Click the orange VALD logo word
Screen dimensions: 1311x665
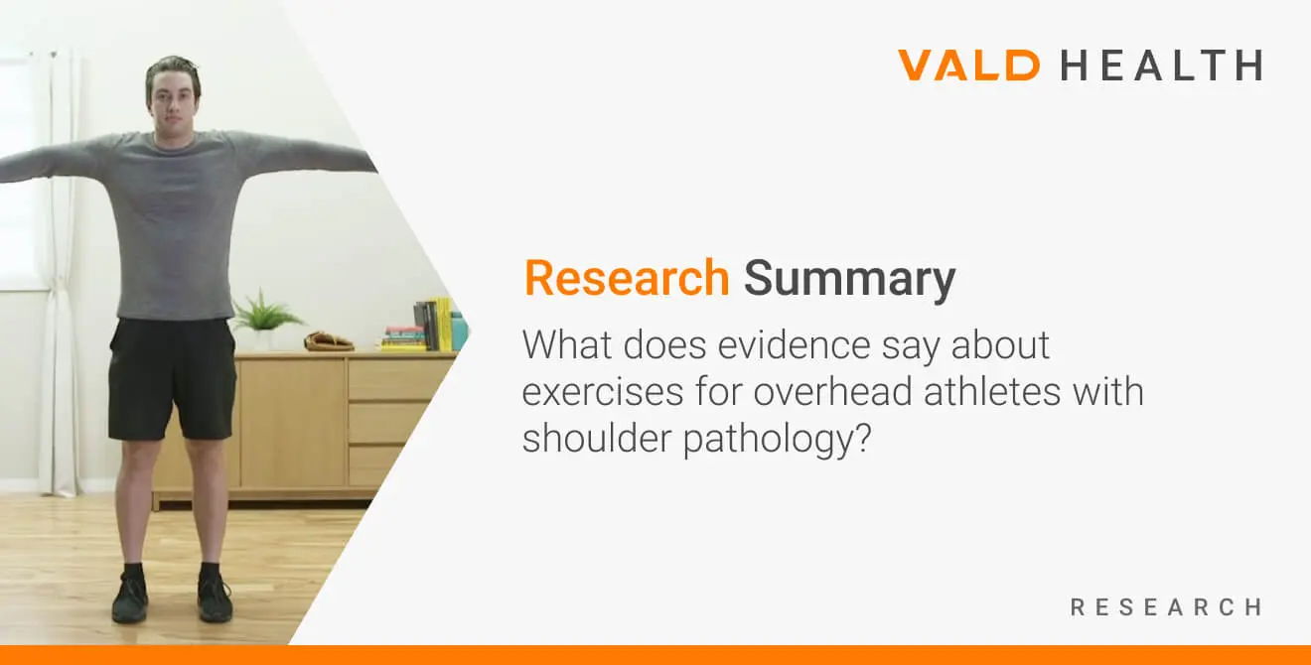tap(969, 65)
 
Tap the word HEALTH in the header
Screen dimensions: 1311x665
tap(1162, 65)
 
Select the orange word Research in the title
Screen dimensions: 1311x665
tap(627, 278)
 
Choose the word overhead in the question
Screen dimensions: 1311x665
tap(833, 391)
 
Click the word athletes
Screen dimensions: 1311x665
tap(992, 391)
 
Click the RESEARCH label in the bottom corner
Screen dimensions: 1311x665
tap(1166, 607)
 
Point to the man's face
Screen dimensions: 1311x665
tap(172, 103)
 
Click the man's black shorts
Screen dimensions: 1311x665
tap(172, 379)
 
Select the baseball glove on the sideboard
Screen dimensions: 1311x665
tap(329, 341)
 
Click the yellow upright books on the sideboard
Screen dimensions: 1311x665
tap(444, 324)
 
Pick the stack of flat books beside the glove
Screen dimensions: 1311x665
tap(403, 338)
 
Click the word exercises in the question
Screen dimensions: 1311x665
tap(602, 391)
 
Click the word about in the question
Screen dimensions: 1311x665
tap(1000, 345)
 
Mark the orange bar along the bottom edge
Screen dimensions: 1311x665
tap(655, 655)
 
